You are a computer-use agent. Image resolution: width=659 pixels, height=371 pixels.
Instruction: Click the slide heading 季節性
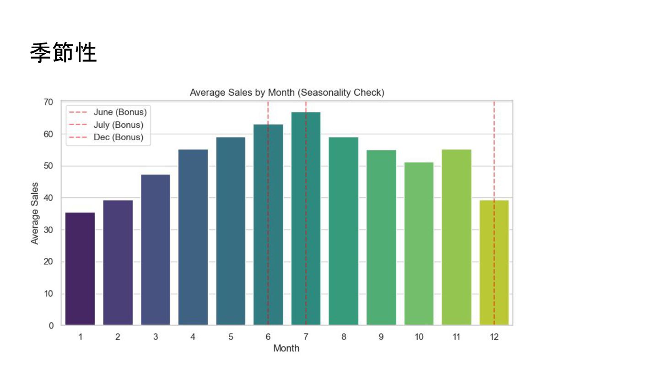63,53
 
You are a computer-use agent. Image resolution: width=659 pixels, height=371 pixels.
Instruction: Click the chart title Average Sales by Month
287,93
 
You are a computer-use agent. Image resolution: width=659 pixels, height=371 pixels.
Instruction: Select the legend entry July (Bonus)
118,125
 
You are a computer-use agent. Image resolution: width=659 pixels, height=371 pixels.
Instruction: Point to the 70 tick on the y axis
49,102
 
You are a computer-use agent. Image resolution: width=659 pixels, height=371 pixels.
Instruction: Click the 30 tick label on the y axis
49,230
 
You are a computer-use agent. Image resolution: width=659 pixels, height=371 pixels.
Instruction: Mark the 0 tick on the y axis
51,326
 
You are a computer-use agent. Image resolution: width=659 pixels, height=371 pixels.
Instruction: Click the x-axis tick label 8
344,337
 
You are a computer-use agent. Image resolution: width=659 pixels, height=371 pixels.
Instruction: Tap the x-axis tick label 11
456,337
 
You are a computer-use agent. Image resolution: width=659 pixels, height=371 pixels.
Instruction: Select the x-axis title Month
286,349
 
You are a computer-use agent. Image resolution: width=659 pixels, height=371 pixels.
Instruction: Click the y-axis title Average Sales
35,213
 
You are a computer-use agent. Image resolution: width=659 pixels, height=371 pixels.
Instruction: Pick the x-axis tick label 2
118,337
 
